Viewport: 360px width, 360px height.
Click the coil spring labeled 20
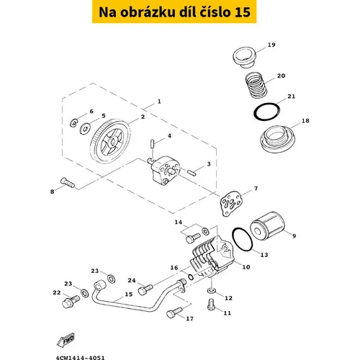pos(256,85)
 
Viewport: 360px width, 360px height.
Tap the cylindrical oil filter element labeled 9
pos(267,226)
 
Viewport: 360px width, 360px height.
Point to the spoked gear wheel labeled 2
pos(111,142)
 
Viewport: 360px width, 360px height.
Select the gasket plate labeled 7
pos(231,203)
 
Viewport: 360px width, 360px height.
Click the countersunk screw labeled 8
pos(68,182)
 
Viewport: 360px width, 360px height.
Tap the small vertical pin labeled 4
pos(153,143)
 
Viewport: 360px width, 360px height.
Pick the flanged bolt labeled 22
pos(71,302)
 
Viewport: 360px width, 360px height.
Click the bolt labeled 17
pos(174,312)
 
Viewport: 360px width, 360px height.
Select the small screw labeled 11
pos(211,305)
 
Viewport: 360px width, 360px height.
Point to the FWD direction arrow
pos(66,340)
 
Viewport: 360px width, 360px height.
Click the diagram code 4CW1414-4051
pos(81,358)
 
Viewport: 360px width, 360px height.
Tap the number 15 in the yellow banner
pos(242,12)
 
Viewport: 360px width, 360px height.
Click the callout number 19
pos(271,45)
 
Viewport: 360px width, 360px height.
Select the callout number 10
pos(246,267)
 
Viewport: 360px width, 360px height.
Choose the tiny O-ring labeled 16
pos(191,277)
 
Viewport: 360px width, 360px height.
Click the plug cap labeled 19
pos(244,58)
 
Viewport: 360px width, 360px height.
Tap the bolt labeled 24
pos(145,289)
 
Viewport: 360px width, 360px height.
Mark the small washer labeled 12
pos(211,291)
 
